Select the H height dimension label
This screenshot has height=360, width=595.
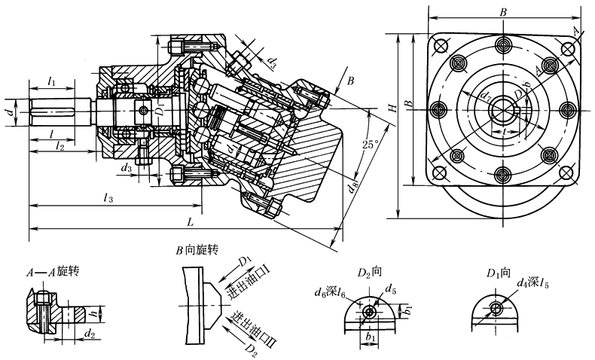(391, 109)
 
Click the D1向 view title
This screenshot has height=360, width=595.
(499, 271)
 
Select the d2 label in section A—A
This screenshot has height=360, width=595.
(90, 332)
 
